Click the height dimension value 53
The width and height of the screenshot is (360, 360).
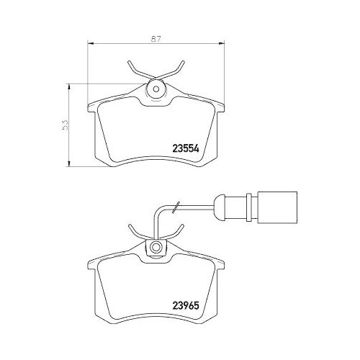(64, 125)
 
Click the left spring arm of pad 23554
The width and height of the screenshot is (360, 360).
(136, 72)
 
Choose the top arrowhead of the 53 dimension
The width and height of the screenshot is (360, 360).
(69, 85)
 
